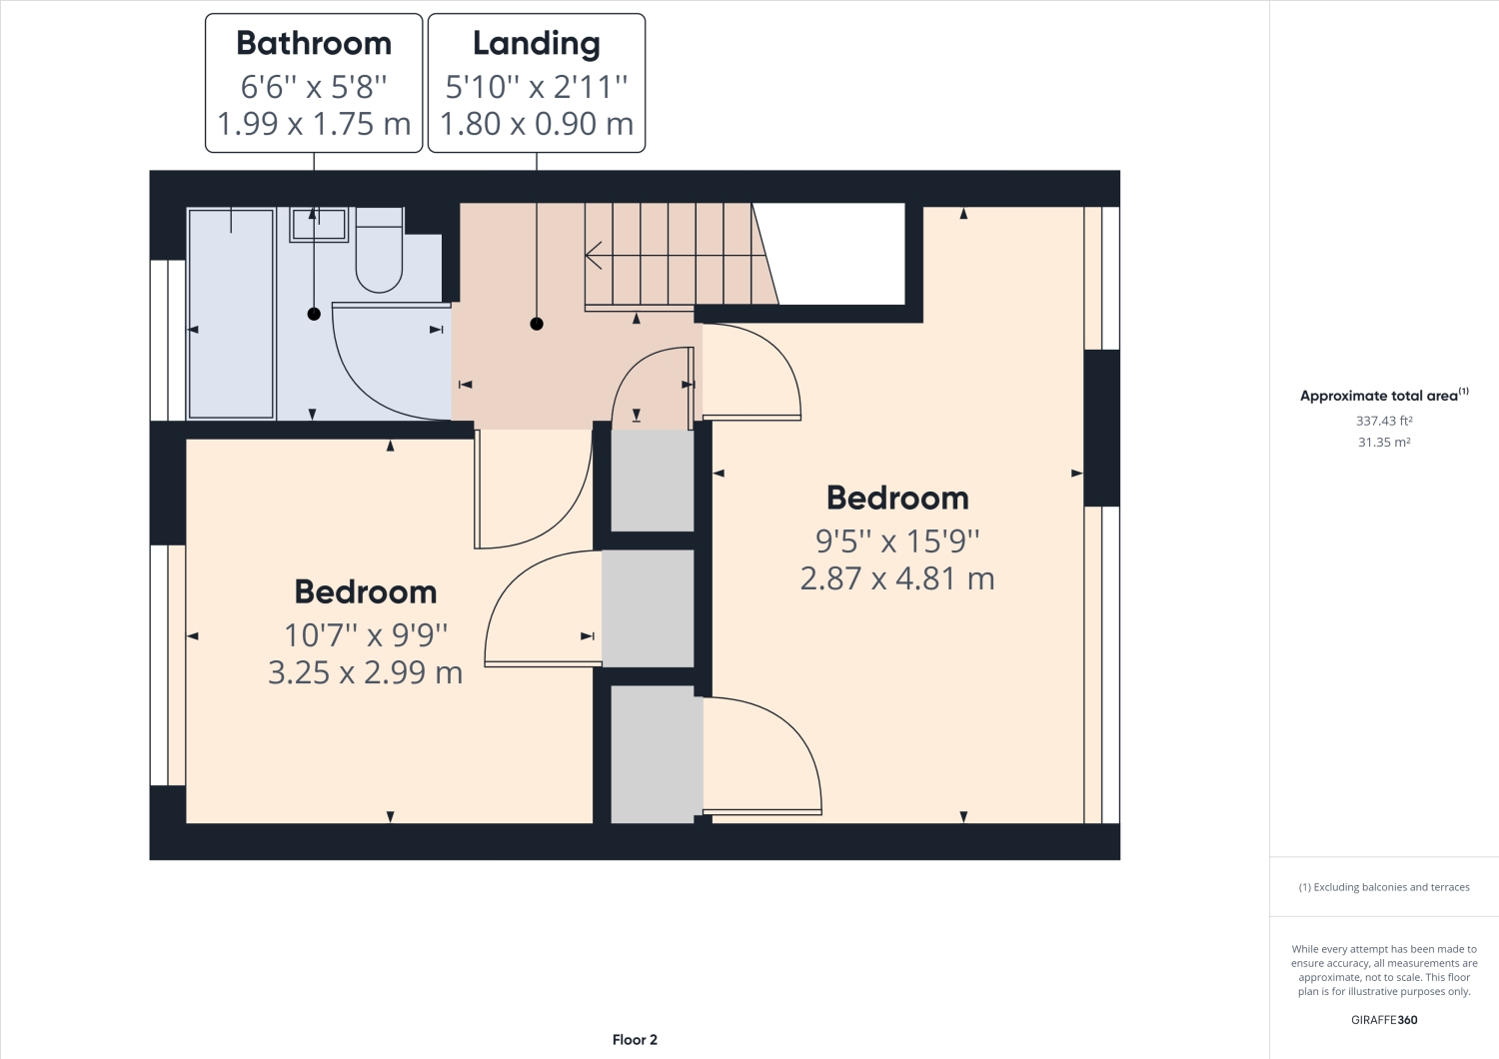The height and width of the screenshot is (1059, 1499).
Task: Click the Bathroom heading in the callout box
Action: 314,44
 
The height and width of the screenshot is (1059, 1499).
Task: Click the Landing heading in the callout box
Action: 537,44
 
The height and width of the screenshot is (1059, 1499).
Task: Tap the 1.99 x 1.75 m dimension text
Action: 314,124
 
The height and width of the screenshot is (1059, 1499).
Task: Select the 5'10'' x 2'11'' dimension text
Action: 537,87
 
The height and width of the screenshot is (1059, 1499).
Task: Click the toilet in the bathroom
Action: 380,255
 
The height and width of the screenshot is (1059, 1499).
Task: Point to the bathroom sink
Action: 319,225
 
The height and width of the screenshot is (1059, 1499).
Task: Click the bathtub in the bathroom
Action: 231,313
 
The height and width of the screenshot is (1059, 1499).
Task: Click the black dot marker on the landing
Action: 537,324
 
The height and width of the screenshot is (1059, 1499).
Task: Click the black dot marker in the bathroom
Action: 314,314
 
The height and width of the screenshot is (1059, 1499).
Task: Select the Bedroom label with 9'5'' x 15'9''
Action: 897,498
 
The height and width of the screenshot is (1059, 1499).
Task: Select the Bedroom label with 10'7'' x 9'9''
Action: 366,591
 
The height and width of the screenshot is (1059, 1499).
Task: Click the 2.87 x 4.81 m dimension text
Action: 897,578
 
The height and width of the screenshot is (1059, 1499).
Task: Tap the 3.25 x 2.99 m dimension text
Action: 366,672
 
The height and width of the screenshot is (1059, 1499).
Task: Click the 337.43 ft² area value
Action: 1384,421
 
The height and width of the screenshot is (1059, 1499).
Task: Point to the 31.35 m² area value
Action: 1384,442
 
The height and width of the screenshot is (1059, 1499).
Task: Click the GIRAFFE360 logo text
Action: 1384,1020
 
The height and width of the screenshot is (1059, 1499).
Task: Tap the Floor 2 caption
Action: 635,1040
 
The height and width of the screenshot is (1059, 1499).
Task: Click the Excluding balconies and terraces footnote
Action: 1384,887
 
